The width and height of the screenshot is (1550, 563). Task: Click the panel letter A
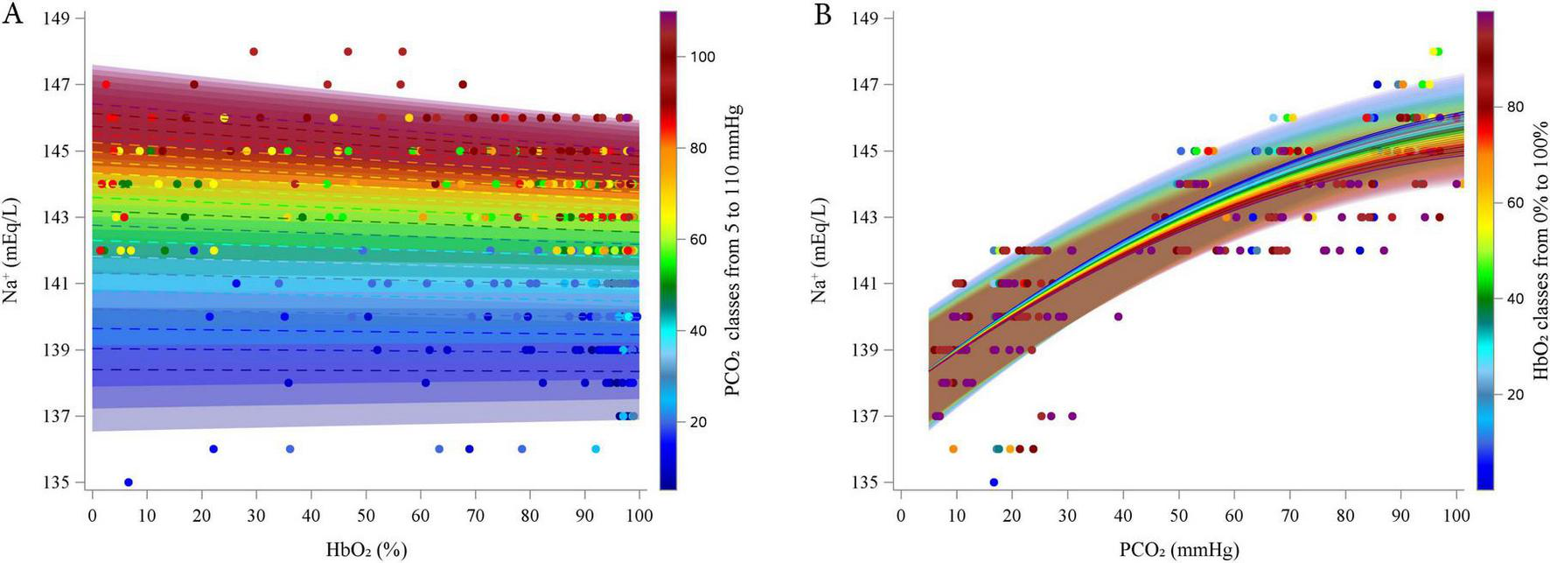tap(12, 15)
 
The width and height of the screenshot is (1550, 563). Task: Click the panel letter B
tap(822, 15)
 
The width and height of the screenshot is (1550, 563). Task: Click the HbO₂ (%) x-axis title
tap(367, 550)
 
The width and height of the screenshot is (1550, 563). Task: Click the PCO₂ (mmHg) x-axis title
tap(1179, 550)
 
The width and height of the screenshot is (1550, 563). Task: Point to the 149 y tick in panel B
tap(866, 18)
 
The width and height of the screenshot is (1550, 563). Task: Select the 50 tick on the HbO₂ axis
tap(366, 516)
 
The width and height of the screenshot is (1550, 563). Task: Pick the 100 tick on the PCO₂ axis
tap(1456, 516)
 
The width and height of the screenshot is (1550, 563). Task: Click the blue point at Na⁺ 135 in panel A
tap(129, 482)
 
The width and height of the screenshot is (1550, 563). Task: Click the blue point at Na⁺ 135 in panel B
tap(994, 482)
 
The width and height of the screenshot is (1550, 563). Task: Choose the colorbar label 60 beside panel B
tap(1515, 202)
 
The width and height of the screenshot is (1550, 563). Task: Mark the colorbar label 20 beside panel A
tap(698, 422)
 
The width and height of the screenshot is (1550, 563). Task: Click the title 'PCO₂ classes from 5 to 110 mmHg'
tap(733, 250)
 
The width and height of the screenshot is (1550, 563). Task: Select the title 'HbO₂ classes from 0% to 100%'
tap(1541, 250)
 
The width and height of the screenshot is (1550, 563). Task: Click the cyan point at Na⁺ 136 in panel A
tap(596, 448)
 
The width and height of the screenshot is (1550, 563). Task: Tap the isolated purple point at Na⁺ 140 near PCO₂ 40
tap(1118, 317)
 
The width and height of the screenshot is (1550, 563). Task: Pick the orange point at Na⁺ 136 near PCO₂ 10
tap(953, 448)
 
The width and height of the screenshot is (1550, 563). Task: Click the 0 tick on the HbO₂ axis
tap(93, 516)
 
